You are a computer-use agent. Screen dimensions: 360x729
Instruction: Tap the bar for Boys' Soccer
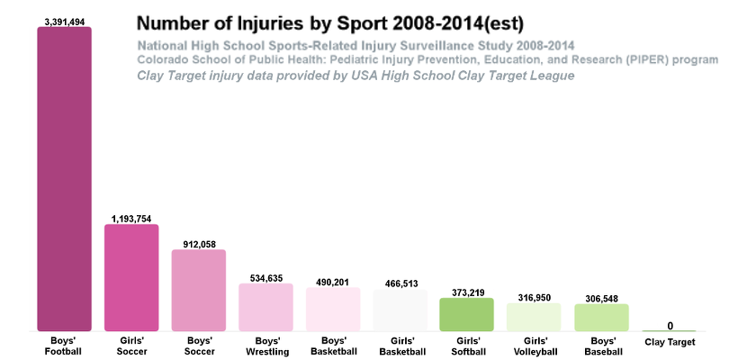pyautogui.click(x=198, y=290)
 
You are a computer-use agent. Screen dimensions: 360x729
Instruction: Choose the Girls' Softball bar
pyautogui.click(x=466, y=314)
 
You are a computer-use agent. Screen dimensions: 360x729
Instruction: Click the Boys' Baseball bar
pyautogui.click(x=601, y=317)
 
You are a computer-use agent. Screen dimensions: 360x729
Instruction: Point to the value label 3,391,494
pyautogui.click(x=64, y=21)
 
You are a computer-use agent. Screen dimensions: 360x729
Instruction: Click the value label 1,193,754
pyautogui.click(x=131, y=219)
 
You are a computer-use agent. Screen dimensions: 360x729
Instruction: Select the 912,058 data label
pyautogui.click(x=198, y=244)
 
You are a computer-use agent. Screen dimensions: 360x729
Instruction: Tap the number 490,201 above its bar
pyautogui.click(x=332, y=282)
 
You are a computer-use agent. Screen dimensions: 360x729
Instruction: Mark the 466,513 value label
pyautogui.click(x=400, y=283)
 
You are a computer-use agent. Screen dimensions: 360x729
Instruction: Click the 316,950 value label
pyautogui.click(x=534, y=297)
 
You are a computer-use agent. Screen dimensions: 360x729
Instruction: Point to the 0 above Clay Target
pyautogui.click(x=670, y=326)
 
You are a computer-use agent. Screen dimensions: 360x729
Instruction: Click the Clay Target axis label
pyautogui.click(x=670, y=342)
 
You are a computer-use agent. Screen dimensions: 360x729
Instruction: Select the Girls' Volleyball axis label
pyautogui.click(x=534, y=346)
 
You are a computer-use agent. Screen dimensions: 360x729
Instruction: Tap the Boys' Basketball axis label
pyautogui.click(x=332, y=346)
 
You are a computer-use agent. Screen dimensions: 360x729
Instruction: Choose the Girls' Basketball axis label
pyautogui.click(x=400, y=346)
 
